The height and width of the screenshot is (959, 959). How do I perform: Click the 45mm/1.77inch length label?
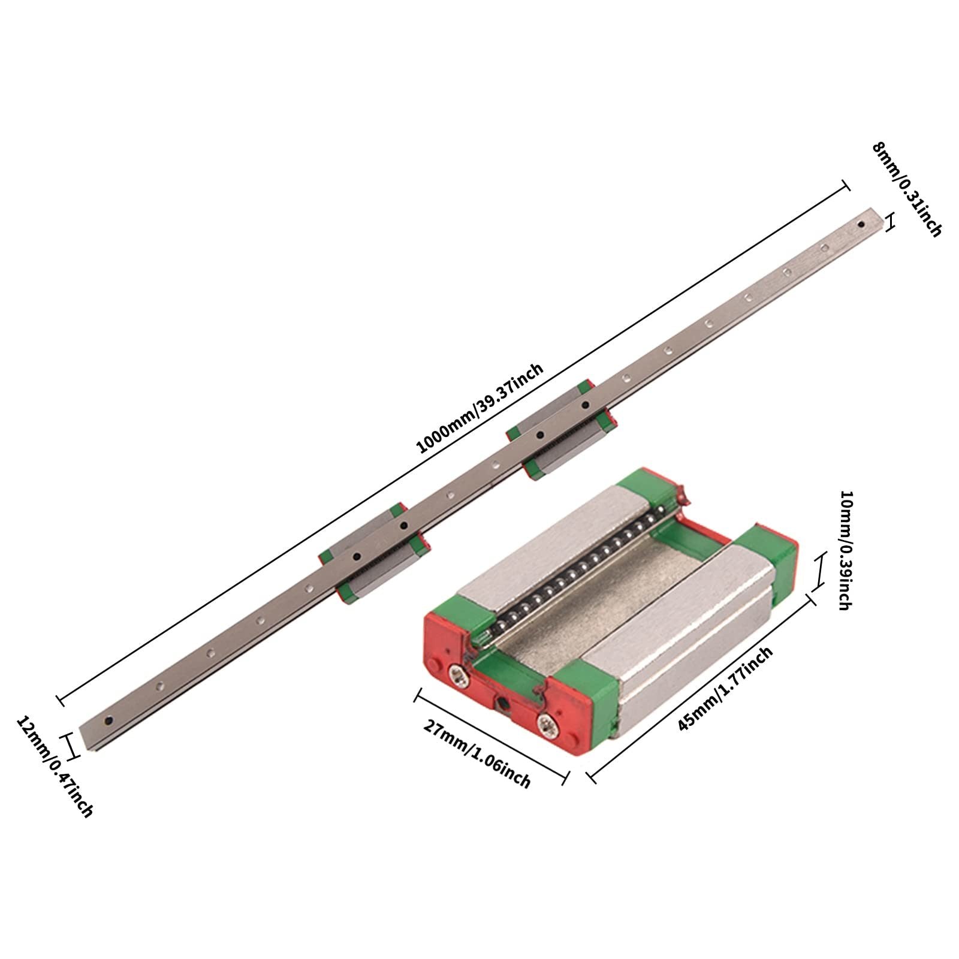click(725, 689)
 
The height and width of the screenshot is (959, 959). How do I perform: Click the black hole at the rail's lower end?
click(108, 720)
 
